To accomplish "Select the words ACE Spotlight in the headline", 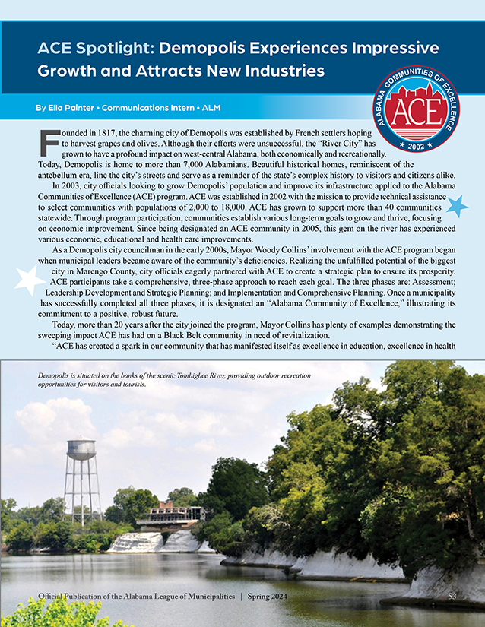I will [93, 49].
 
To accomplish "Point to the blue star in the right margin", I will [456, 205].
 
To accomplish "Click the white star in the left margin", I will [30, 281].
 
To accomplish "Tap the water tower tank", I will [81, 449].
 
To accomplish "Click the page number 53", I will [452, 595].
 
